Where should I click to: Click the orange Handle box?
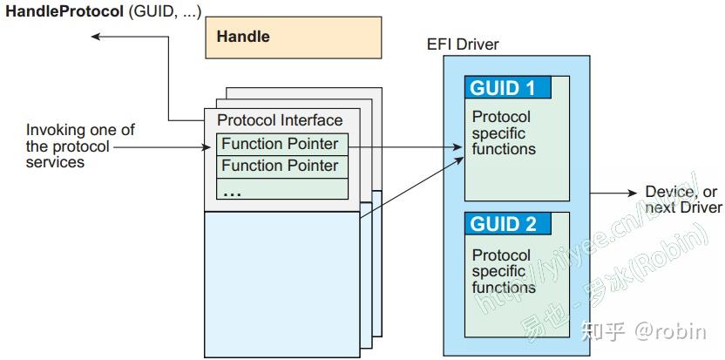pos(293,37)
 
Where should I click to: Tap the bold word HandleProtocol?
pos(64,11)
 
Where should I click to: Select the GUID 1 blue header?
pos(508,87)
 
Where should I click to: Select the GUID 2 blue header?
pos(508,223)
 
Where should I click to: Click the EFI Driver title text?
pos(464,44)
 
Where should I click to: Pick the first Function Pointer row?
pos(282,145)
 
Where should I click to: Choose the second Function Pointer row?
pos(282,166)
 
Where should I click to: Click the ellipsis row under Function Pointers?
pos(282,189)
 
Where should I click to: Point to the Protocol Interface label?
pos(280,120)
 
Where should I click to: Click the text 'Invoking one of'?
pos(80,130)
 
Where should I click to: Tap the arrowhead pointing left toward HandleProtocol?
pos(96,36)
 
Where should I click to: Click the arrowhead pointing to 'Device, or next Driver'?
pos(632,193)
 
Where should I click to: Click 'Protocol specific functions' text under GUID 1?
pos(503,132)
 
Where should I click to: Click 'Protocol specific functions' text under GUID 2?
pos(503,271)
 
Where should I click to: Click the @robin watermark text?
pos(671,331)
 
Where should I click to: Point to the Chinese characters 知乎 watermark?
pos(603,331)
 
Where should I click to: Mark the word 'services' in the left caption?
pos(55,162)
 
